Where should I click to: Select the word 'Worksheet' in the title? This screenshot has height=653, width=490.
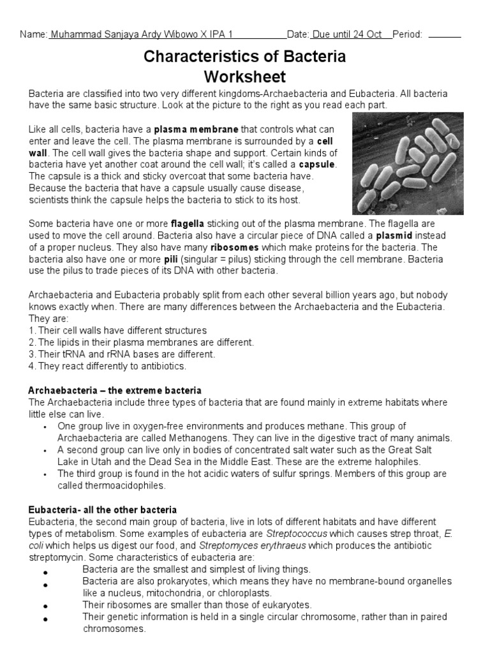(245, 77)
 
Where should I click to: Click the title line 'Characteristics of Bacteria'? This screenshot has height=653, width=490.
(245, 57)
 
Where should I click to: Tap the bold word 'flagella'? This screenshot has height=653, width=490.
(188, 224)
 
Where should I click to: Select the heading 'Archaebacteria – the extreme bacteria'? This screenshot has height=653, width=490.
(115, 390)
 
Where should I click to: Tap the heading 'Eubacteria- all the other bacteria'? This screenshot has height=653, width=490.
(103, 510)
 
